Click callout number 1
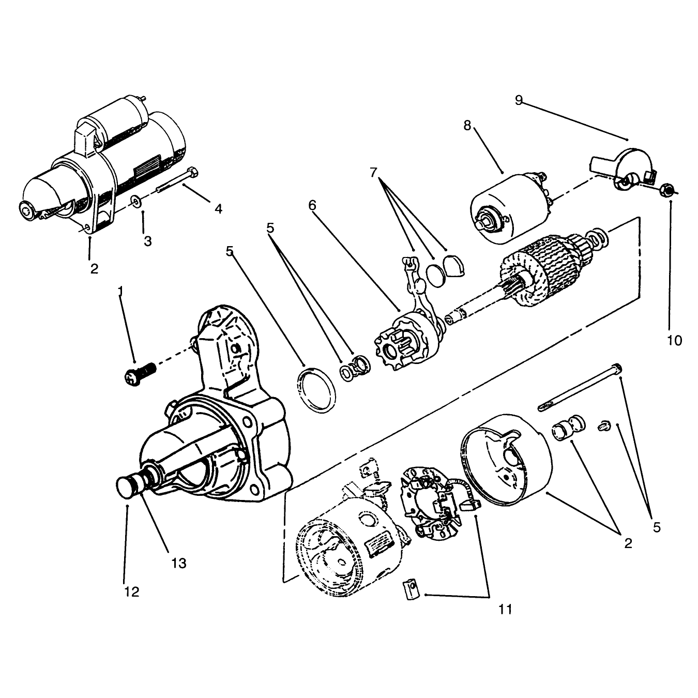(x=120, y=291)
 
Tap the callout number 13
(x=179, y=563)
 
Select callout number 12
(x=132, y=592)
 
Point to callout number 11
(x=505, y=610)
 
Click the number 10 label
(x=674, y=341)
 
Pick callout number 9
(x=519, y=100)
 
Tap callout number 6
(x=312, y=205)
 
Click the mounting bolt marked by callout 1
(x=141, y=373)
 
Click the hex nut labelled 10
(x=666, y=190)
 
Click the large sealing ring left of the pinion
(x=316, y=390)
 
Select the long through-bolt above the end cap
(x=580, y=388)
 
